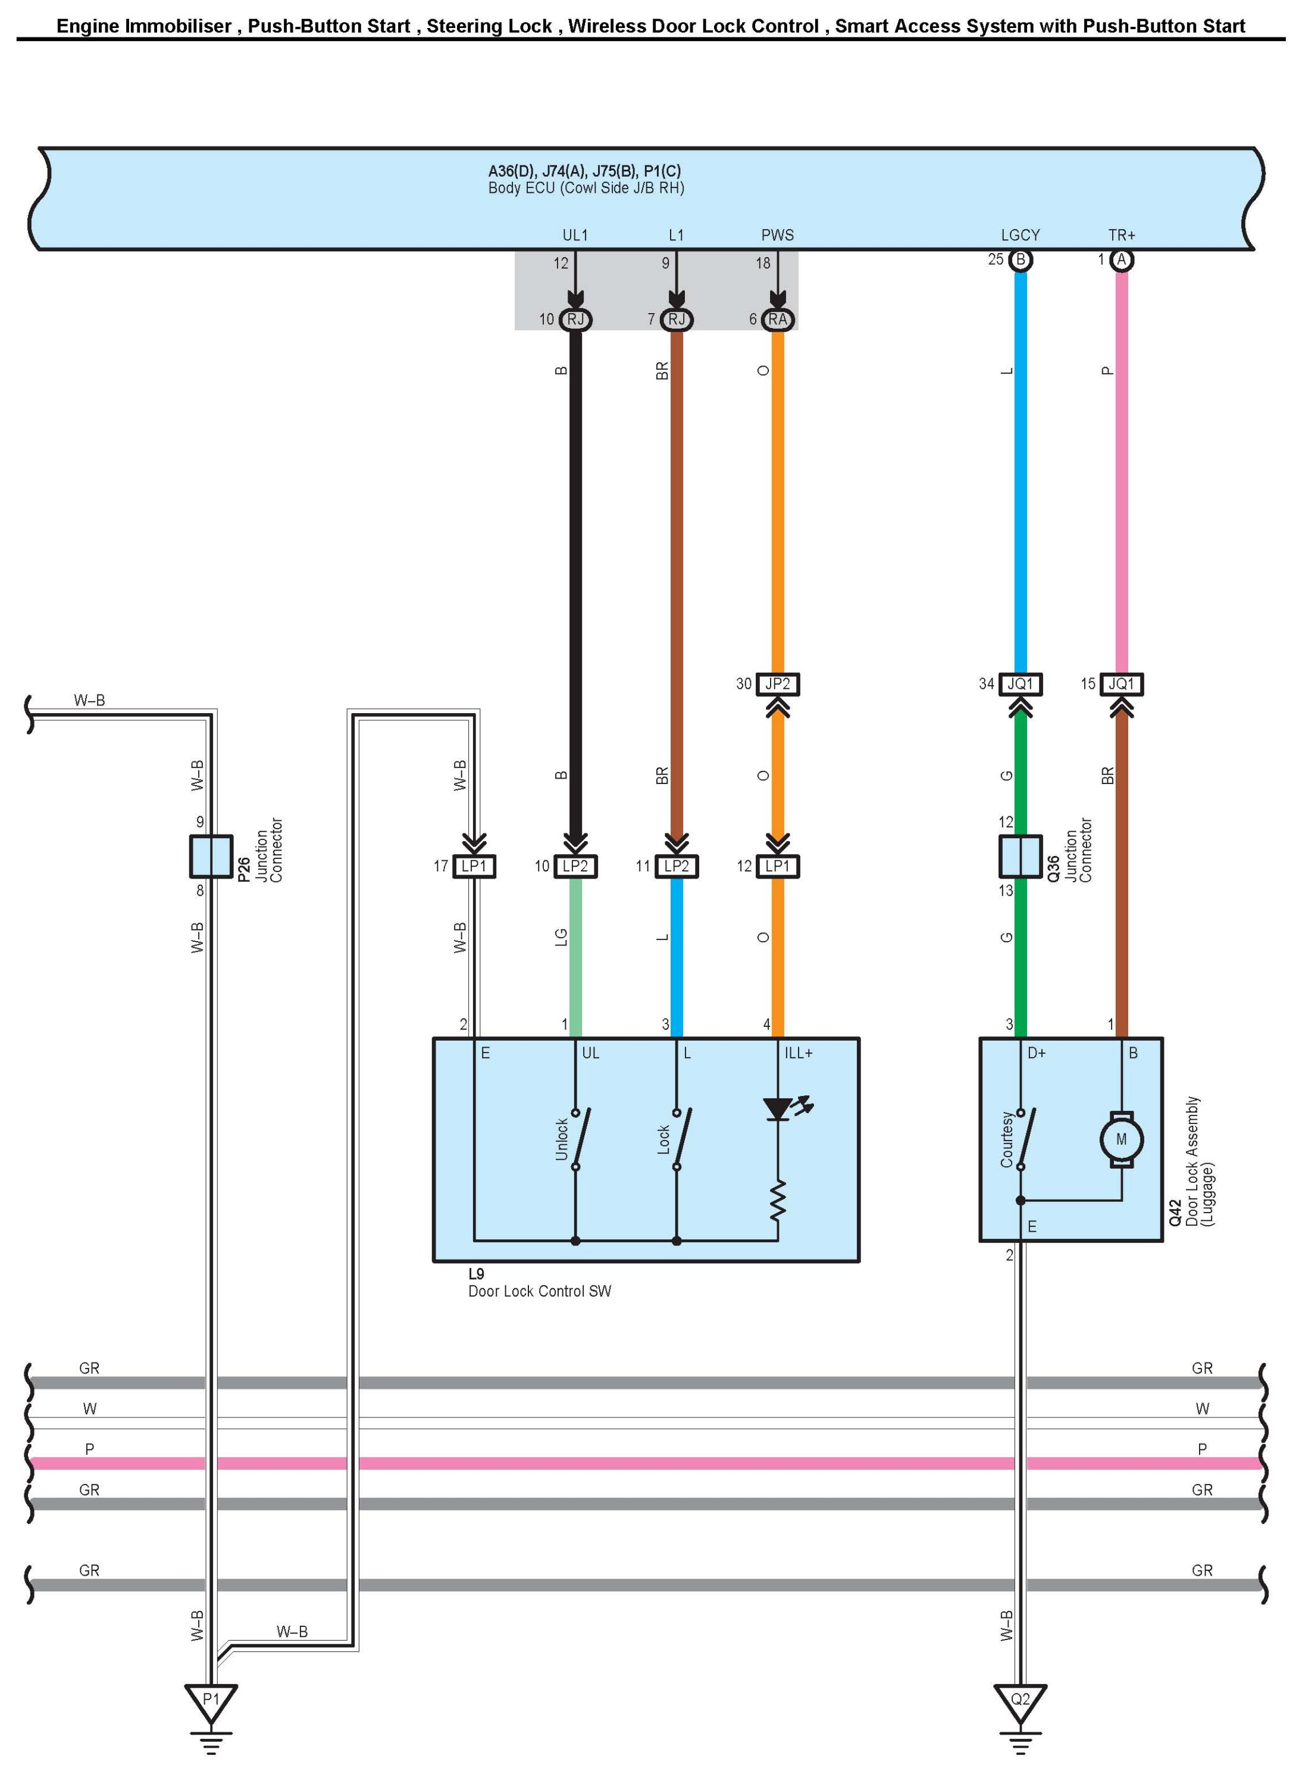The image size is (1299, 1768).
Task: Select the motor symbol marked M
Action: [x=1121, y=1139]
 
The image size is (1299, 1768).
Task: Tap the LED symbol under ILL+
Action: [x=787, y=1109]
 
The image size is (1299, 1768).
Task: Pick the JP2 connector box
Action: [x=778, y=684]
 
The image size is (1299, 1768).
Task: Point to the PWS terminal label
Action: [x=778, y=235]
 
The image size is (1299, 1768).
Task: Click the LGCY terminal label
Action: [x=1020, y=235]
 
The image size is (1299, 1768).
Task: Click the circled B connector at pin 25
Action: [x=1020, y=260]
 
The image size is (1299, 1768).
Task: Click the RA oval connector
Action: [x=778, y=319]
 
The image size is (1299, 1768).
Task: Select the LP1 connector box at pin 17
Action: [x=474, y=866]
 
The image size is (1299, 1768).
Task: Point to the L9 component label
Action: [x=477, y=1273]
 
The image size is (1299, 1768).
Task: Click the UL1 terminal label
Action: [x=575, y=235]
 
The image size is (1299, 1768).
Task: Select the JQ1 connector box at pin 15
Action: [x=1121, y=684]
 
